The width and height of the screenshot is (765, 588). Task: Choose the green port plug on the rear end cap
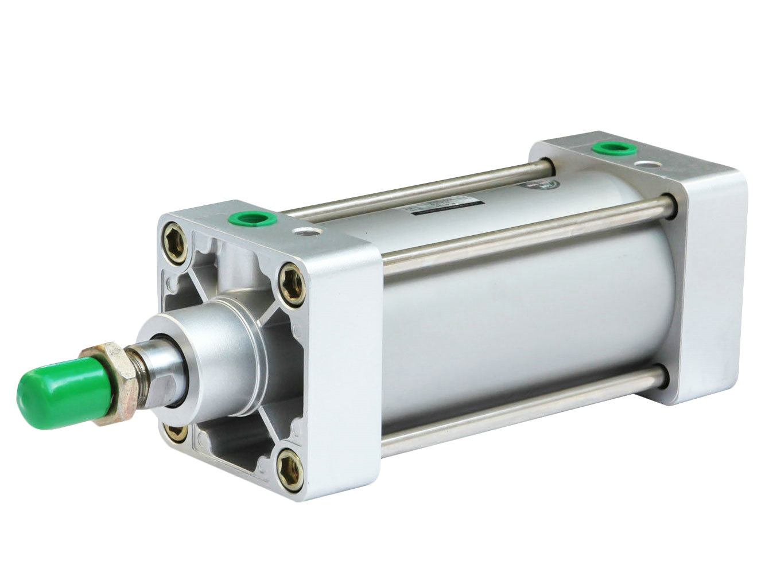(611, 150)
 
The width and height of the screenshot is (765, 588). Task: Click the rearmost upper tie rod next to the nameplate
(413, 190)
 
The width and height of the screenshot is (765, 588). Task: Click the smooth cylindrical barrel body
(517, 316)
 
